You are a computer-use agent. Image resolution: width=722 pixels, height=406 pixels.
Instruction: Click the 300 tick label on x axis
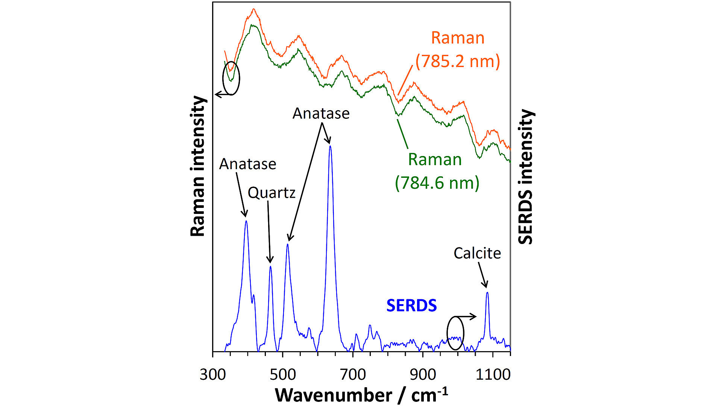(x=212, y=375)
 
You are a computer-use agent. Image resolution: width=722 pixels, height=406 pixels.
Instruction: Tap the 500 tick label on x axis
(x=282, y=375)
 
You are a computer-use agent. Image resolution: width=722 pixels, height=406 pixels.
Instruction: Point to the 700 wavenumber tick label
(x=353, y=375)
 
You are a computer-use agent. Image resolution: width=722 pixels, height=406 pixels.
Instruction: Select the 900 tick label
(x=423, y=375)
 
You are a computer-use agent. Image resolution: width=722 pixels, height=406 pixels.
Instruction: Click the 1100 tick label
(x=493, y=375)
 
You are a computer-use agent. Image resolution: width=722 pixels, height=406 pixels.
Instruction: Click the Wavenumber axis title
(x=361, y=395)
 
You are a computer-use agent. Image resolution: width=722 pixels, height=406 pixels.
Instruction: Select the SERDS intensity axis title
(x=526, y=177)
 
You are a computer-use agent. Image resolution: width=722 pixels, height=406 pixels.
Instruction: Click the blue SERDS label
(x=411, y=306)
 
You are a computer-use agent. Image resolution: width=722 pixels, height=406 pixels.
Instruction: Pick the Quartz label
(x=272, y=193)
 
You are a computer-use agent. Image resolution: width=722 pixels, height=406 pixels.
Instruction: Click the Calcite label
(x=477, y=253)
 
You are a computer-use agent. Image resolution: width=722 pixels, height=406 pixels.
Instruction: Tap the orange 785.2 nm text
(x=458, y=61)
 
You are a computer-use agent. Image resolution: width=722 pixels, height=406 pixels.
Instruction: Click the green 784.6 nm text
(x=437, y=183)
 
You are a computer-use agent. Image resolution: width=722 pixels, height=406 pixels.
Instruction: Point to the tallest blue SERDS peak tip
(x=330, y=146)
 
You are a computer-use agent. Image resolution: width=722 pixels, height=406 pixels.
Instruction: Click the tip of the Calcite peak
(x=487, y=292)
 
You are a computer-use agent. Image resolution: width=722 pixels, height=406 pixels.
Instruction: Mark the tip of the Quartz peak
(x=270, y=266)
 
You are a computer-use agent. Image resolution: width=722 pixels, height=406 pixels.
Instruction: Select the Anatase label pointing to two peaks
(x=321, y=113)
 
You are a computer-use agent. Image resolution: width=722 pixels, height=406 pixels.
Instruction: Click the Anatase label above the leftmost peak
(x=247, y=164)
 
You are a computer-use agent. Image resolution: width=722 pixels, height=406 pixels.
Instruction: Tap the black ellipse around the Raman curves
(x=231, y=78)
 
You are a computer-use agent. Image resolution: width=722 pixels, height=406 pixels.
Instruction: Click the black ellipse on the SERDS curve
(x=455, y=333)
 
